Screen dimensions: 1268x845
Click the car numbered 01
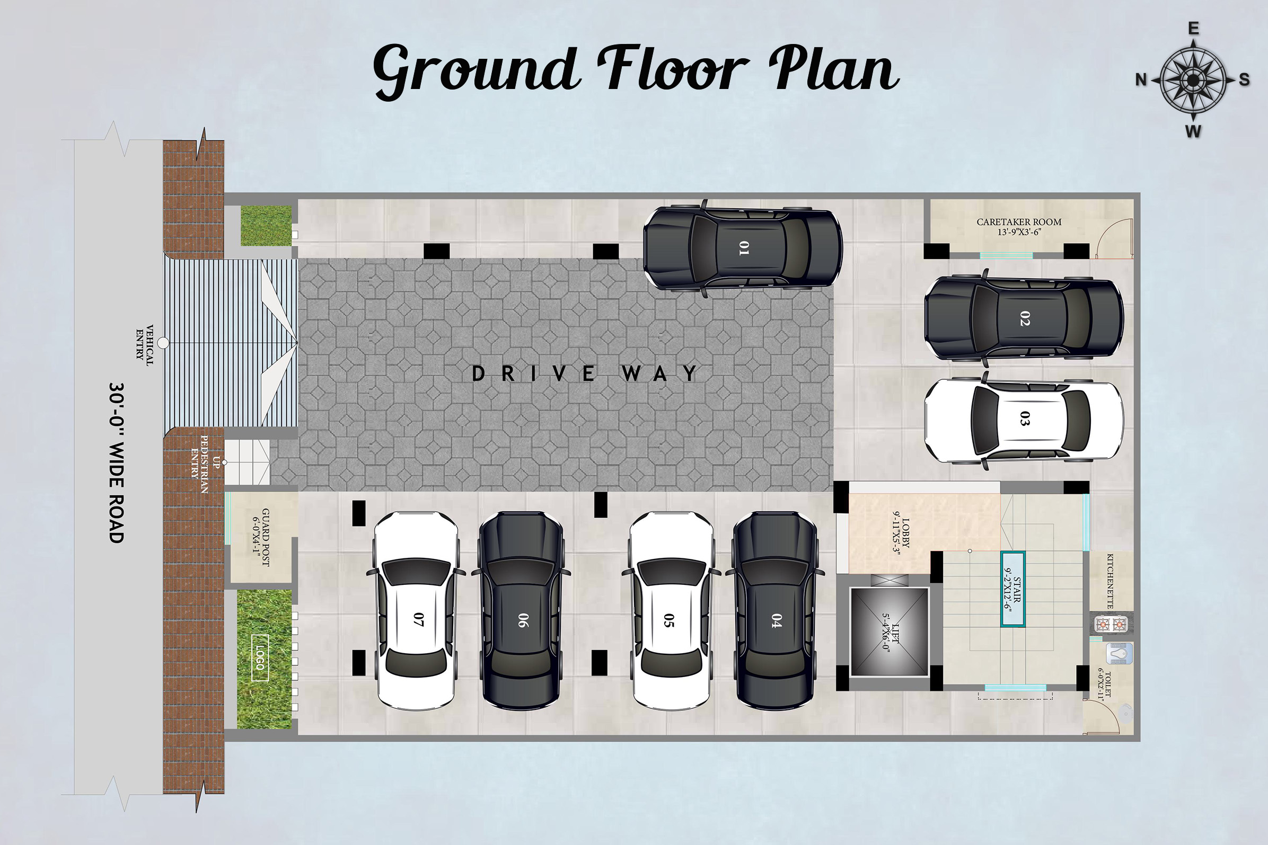(x=742, y=248)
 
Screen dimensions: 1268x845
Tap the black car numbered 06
(x=521, y=611)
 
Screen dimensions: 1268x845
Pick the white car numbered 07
(x=416, y=611)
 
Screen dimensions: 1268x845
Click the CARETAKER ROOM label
(x=1019, y=227)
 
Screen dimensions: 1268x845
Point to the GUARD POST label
(x=261, y=537)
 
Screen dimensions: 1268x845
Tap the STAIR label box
(x=1012, y=589)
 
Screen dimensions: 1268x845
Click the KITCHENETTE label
(x=1110, y=581)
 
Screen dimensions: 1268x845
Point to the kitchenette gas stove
(x=1112, y=625)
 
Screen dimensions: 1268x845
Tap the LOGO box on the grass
(x=260, y=657)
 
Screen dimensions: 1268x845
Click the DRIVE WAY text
(x=585, y=373)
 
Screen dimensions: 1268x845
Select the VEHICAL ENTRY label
(x=145, y=345)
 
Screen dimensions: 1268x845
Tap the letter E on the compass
(x=1194, y=29)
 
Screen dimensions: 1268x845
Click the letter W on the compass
(x=1193, y=131)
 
